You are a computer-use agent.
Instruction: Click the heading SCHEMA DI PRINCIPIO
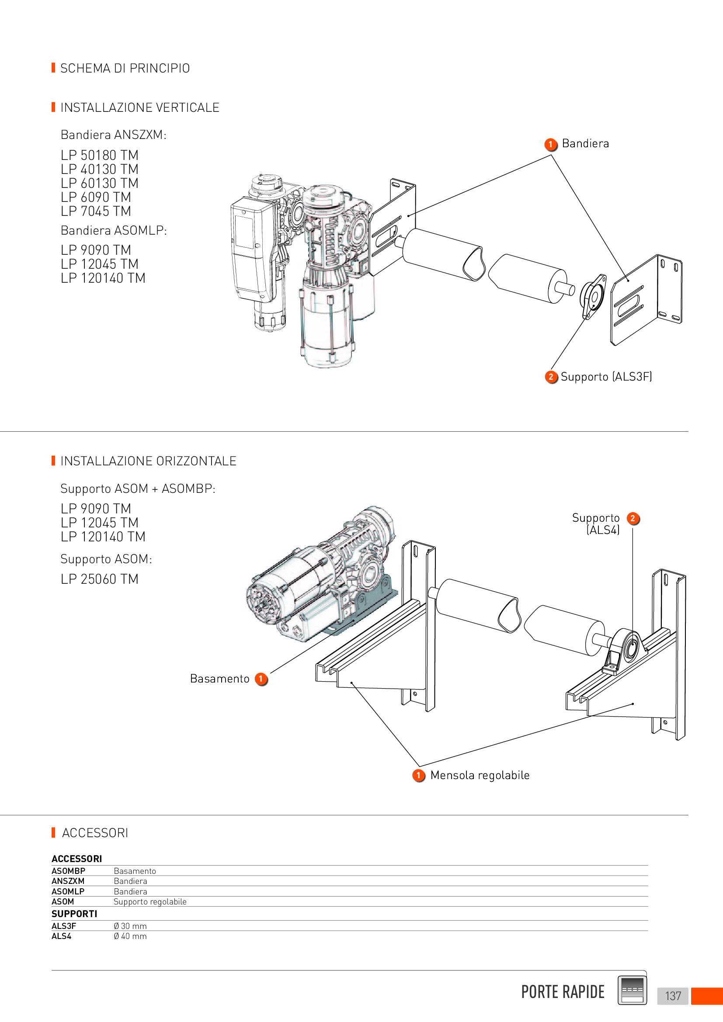coord(125,68)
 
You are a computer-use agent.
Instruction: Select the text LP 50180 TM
coord(100,156)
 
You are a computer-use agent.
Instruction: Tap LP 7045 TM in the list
coord(96,211)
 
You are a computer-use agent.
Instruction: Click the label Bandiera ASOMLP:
coord(114,230)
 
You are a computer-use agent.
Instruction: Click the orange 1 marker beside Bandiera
coord(551,144)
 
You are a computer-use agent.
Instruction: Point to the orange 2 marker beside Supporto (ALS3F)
coord(551,377)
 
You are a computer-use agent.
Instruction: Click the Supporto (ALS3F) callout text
coord(606,377)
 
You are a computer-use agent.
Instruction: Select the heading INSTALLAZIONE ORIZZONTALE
coord(148,461)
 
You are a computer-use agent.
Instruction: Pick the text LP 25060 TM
coord(100,579)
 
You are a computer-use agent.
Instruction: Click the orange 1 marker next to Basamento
coord(261,679)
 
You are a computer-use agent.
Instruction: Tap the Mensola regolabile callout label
coord(480,776)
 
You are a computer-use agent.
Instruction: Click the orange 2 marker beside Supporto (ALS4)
coord(633,519)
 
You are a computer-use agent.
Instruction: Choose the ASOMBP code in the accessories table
coord(69,871)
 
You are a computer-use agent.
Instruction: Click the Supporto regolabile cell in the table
coord(150,902)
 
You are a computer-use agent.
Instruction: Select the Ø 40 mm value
coord(130,936)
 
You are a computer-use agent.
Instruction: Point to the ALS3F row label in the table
coord(64,926)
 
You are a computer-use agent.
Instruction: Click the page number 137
coord(673,996)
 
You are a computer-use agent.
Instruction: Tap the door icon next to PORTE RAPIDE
coord(632,990)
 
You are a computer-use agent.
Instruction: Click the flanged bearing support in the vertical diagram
coord(594,296)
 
